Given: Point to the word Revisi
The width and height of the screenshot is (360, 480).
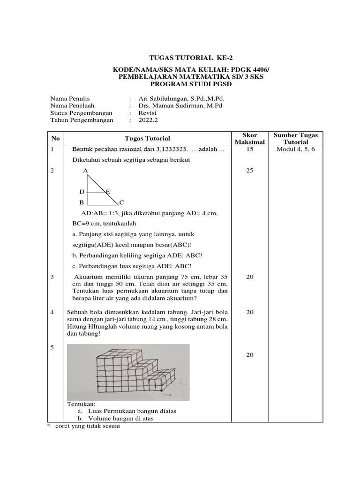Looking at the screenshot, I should coord(148,113).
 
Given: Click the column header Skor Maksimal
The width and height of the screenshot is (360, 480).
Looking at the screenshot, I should coord(249,138).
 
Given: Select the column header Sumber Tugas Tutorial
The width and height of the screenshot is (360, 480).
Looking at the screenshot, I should coord(295,138).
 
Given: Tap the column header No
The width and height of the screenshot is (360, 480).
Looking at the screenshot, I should coord(56,138).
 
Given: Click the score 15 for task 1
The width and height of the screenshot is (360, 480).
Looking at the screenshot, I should coord(249,150).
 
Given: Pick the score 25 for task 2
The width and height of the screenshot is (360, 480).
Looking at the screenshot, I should coord(249,171).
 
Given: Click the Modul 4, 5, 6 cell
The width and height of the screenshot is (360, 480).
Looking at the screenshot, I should coord(295,150).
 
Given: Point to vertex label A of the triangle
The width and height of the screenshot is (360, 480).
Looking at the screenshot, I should coord(85,171).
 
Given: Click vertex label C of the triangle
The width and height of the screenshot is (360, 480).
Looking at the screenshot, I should coord(121,202).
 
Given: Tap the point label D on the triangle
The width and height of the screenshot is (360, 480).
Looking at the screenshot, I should coord(82,192).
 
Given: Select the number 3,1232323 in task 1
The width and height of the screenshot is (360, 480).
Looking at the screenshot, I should coord(170,150).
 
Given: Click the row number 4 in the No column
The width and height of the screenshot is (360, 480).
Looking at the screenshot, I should coord(52,312).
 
